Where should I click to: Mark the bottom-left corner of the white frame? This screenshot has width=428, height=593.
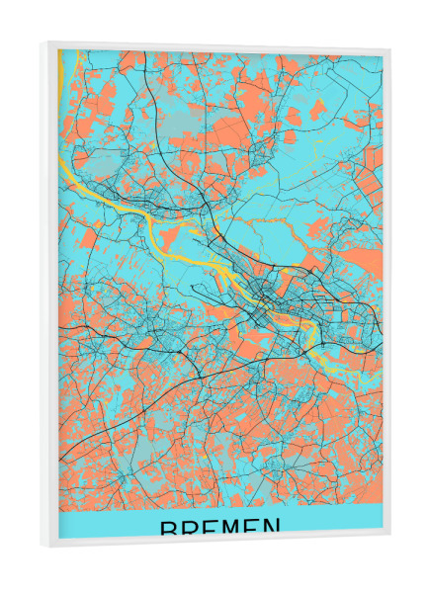(x=42, y=547)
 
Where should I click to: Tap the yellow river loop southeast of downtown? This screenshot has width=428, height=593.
(x=308, y=341)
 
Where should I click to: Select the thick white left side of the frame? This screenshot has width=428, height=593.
(x=49, y=296)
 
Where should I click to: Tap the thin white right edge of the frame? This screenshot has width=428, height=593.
(x=386, y=296)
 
